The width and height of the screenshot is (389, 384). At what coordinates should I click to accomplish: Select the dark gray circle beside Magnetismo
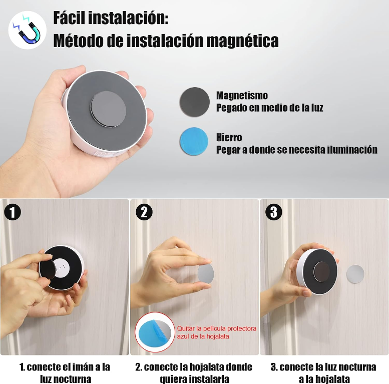tap(194, 101)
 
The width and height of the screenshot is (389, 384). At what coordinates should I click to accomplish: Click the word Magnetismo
tap(242, 95)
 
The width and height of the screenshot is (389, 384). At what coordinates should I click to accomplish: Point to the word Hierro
tap(229, 137)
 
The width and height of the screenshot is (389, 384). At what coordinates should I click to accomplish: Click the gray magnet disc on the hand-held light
tap(108, 109)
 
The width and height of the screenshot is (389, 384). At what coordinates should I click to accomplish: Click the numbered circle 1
tap(13, 212)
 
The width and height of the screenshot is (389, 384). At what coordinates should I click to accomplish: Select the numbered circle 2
tap(144, 212)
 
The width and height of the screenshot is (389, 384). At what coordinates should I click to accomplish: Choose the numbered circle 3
tap(274, 212)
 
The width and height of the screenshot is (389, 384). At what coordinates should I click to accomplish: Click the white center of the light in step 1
tap(62, 268)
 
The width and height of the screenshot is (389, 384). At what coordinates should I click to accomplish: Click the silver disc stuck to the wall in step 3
tap(355, 274)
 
